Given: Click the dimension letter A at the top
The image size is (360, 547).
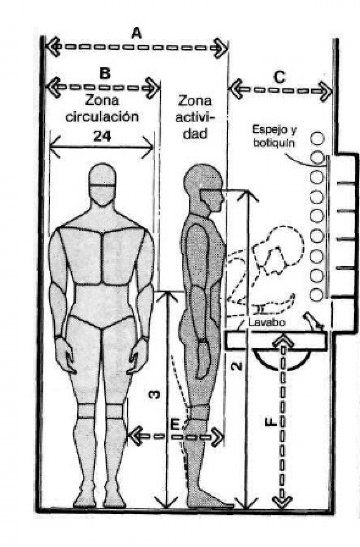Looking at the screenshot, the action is click(136, 34).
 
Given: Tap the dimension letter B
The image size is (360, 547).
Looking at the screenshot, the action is click(105, 73).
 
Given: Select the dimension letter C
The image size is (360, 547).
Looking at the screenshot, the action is click(280, 78).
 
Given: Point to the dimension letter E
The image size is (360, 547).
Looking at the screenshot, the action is click(174, 424).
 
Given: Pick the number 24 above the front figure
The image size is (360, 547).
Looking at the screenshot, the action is click(102, 136).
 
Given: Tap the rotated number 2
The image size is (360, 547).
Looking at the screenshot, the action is click(236, 366).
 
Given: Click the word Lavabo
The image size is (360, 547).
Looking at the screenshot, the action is click(267, 322).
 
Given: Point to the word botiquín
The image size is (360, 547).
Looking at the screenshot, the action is click(274, 143).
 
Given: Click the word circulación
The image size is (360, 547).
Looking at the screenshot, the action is click(102, 117).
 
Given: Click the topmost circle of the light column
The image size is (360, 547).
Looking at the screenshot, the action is click(317, 138).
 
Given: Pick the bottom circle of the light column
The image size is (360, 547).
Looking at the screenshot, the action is click(317, 295).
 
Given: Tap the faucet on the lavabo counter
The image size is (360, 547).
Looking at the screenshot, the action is click(314, 320).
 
